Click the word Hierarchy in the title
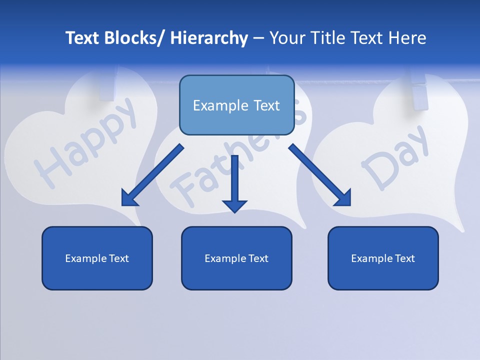[209, 38]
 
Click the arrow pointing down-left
[152, 175]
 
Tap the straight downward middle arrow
[234, 182]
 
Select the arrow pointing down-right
[320, 175]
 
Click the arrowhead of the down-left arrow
[129, 198]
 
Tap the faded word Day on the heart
[395, 157]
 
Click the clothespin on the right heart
[419, 90]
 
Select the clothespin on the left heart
[107, 85]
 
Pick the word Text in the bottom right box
[404, 258]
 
